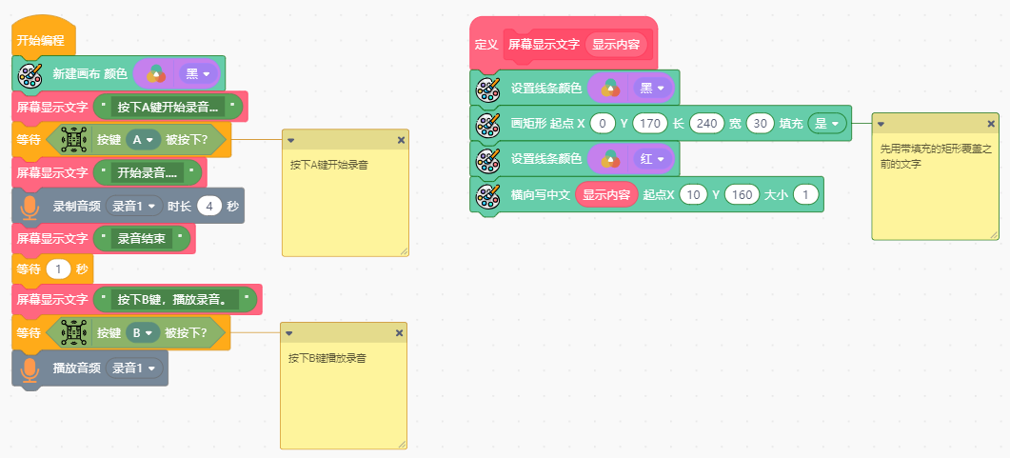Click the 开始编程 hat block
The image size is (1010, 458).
pos(40,41)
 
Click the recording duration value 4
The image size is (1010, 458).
pos(209,206)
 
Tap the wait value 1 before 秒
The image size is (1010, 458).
pos(60,269)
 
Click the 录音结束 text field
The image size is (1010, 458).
pos(144,239)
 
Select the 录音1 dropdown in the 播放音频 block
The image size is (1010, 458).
pos(134,368)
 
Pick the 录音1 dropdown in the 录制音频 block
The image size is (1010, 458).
pos(134,206)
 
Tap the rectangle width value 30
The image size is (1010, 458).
pos(760,124)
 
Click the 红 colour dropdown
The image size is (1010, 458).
pos(651,159)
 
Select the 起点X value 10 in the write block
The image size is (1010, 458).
pos(694,194)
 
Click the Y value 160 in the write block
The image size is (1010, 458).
pos(742,194)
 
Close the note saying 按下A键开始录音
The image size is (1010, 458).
pos(400,140)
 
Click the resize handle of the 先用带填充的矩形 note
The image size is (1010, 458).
pos(993,233)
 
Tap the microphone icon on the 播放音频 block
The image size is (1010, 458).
pos(30,368)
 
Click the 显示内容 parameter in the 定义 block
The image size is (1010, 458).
pos(616,44)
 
